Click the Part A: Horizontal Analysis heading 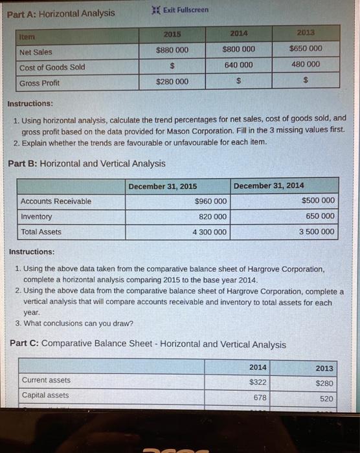point(62,13)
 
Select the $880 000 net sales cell point(173,51)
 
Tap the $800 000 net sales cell point(239,49)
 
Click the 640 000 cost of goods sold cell point(239,65)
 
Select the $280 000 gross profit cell point(173,82)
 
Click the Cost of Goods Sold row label point(52,67)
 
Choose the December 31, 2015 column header point(163,186)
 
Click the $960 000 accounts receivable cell point(210,201)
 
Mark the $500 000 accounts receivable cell point(319,201)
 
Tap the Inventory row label point(37,217)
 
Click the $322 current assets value point(258,382)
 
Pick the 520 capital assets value point(327,399)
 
